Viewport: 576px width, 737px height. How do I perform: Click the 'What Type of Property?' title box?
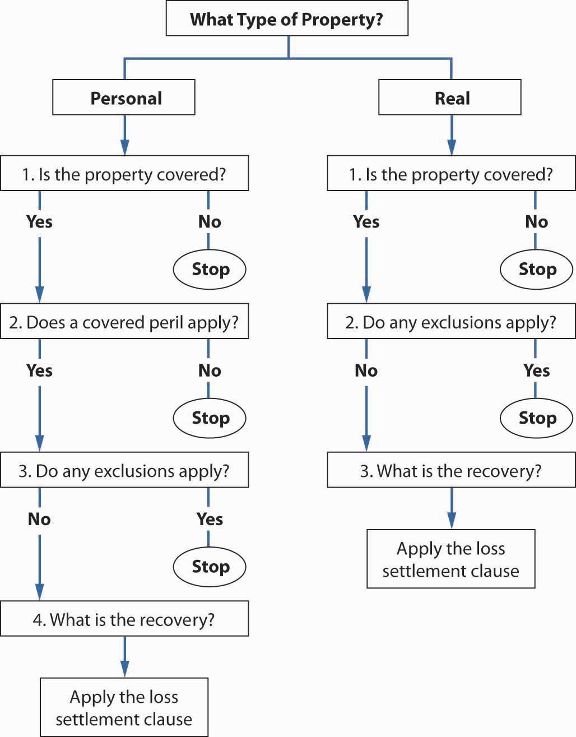click(x=287, y=18)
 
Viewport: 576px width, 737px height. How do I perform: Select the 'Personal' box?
click(x=124, y=98)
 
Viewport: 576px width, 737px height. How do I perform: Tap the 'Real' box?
click(x=449, y=98)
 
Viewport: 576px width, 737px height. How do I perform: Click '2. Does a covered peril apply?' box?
click(x=124, y=321)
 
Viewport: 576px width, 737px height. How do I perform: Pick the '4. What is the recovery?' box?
click(x=124, y=619)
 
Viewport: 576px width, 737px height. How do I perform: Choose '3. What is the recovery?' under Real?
click(x=451, y=470)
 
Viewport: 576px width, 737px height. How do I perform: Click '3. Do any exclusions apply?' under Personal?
click(x=124, y=470)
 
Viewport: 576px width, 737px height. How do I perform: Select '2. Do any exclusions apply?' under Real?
click(x=451, y=321)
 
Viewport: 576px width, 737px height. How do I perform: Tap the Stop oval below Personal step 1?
click(x=210, y=270)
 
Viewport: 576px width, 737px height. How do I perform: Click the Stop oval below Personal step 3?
click(x=210, y=567)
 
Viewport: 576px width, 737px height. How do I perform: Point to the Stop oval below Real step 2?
click(x=536, y=418)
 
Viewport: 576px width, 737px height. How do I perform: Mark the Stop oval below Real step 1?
click(x=536, y=270)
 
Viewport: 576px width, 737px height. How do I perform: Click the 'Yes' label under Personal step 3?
click(x=210, y=519)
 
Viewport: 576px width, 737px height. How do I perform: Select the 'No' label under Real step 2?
click(x=366, y=370)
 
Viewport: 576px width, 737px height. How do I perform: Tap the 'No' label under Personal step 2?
click(x=210, y=370)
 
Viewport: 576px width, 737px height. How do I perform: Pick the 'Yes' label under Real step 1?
click(x=366, y=222)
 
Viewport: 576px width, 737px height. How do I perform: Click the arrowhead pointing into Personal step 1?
click(x=125, y=147)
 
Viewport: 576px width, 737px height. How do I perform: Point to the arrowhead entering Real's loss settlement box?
click(x=452, y=521)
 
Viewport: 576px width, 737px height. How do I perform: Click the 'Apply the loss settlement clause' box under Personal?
click(x=124, y=707)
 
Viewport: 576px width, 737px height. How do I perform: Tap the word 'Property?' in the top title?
click(x=342, y=20)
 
